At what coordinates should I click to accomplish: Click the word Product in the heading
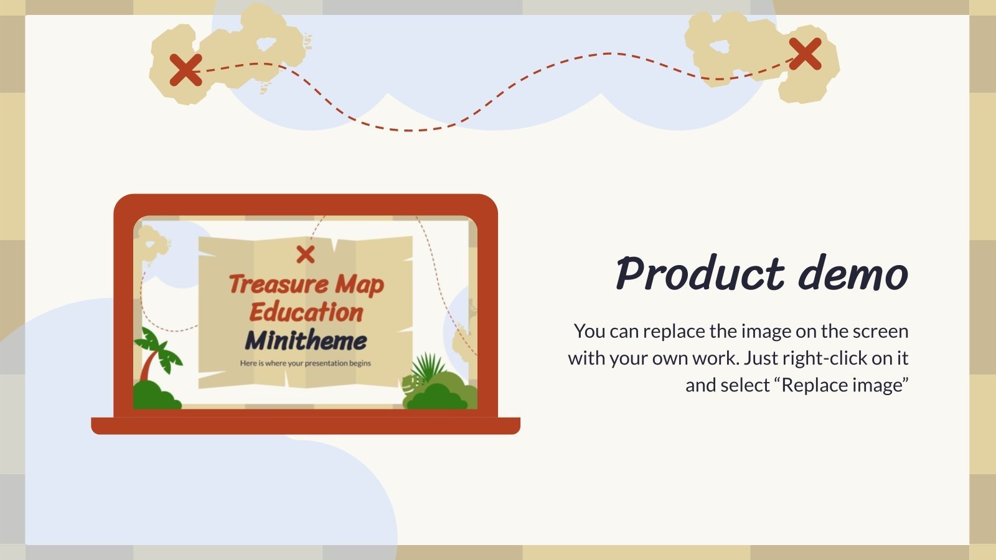pyautogui.click(x=700, y=274)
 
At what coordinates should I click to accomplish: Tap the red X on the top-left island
pyautogui.click(x=186, y=69)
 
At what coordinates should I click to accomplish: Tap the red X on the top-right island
pyautogui.click(x=805, y=54)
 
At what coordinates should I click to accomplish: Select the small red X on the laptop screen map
pyautogui.click(x=306, y=254)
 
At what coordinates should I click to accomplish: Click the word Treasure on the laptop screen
pyautogui.click(x=278, y=284)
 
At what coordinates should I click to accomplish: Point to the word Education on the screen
pyautogui.click(x=306, y=312)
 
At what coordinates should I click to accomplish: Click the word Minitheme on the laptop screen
pyautogui.click(x=306, y=341)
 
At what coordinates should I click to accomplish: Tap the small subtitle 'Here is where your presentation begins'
pyautogui.click(x=306, y=363)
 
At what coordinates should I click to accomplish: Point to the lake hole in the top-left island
pyautogui.click(x=267, y=44)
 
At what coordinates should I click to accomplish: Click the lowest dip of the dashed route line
pyautogui.click(x=408, y=131)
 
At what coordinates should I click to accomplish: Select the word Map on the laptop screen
pyautogui.click(x=359, y=286)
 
